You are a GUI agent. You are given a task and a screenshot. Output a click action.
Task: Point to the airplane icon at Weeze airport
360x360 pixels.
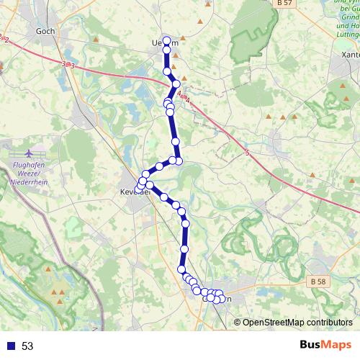[29, 153]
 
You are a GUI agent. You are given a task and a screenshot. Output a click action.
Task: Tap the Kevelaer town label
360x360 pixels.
[134, 192]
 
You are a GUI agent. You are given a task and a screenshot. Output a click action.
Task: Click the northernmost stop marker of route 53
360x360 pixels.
[167, 40]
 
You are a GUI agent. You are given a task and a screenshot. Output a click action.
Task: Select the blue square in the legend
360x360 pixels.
[10, 346]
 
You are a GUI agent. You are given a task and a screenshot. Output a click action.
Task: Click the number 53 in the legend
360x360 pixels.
[27, 346]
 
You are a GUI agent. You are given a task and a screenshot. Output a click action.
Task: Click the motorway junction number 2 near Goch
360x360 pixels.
[6, 39]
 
